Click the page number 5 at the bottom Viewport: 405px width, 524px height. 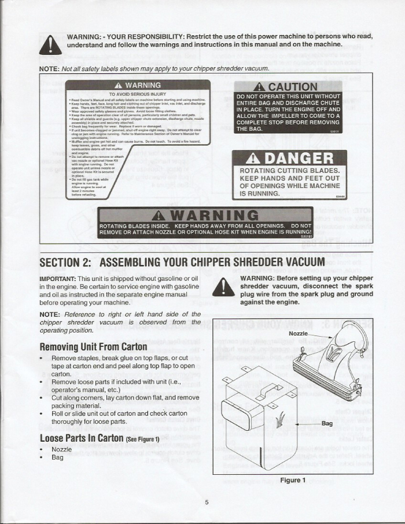[x=206, y=501]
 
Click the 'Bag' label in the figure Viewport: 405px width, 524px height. [x=326, y=423]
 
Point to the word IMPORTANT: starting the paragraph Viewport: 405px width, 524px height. [x=57, y=279]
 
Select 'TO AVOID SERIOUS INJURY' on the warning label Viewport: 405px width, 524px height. [x=138, y=94]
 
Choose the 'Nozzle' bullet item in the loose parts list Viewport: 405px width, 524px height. [x=62, y=449]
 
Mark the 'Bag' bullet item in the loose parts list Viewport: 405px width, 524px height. [x=57, y=457]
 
